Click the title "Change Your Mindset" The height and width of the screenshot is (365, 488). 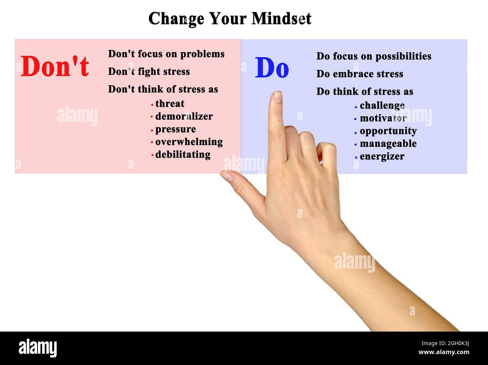[230, 18]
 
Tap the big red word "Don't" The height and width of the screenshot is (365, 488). [55, 66]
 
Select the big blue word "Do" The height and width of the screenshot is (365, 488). [272, 68]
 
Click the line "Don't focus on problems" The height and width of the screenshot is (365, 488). [166, 54]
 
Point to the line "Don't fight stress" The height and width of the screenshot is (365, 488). [149, 71]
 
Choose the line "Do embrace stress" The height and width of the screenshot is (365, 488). [359, 74]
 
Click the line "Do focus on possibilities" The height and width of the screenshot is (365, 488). [374, 56]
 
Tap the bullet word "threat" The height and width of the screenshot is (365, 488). [170, 104]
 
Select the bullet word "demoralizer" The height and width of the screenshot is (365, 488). [184, 116]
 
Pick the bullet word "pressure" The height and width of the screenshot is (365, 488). [175, 129]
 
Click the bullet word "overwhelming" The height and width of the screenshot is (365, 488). [189, 142]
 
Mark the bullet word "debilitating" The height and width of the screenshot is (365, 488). [182, 155]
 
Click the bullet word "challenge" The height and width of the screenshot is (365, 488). [382, 106]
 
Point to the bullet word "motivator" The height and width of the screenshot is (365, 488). [383, 118]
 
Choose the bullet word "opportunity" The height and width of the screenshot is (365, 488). [388, 131]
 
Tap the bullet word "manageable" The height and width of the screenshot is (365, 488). [388, 144]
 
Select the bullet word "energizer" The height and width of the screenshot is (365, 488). [382, 157]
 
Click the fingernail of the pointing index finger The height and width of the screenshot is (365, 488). [277, 97]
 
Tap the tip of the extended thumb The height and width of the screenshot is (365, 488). [226, 175]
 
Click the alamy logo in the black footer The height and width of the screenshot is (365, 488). [38, 348]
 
